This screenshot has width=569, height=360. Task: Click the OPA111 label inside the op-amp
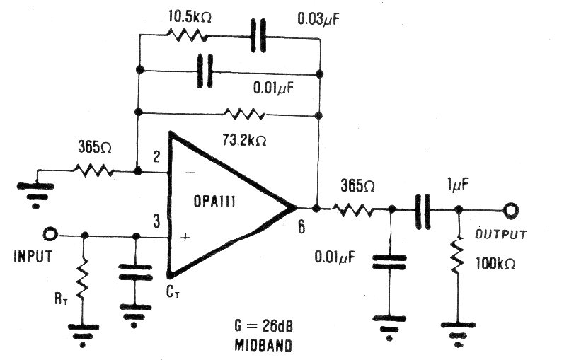click(214, 202)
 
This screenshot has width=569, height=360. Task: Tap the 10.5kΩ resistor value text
click(190, 17)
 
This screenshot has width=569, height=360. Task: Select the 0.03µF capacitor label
click(319, 18)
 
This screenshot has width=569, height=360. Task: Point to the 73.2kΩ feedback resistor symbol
click(245, 115)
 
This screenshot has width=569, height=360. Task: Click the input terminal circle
click(50, 234)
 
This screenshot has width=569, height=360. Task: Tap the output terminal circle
click(511, 210)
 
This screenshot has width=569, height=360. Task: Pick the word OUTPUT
click(501, 235)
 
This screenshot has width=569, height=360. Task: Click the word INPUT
click(33, 256)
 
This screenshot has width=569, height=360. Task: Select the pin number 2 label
click(156, 156)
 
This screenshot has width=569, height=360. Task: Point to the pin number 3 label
click(156, 221)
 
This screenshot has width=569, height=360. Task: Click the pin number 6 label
click(301, 227)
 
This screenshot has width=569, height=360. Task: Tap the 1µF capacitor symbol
click(423, 211)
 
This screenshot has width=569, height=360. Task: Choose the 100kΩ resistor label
click(495, 264)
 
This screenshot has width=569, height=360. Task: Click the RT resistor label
click(61, 298)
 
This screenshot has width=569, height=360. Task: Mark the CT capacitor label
click(173, 292)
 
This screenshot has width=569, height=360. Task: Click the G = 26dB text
click(264, 326)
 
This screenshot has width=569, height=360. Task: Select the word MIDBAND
click(263, 345)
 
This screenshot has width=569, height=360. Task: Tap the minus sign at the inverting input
click(190, 173)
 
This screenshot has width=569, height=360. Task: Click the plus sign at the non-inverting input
click(185, 238)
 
